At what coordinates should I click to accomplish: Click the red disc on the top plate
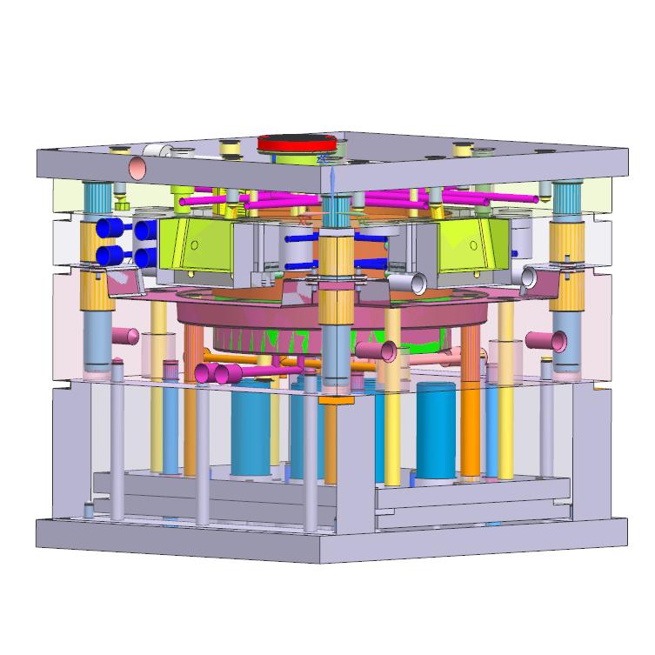point(297,144)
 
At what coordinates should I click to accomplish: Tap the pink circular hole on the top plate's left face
point(137,168)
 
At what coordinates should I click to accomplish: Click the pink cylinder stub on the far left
point(126,336)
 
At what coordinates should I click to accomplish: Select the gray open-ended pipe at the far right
point(528,277)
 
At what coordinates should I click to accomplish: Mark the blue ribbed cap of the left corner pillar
point(95,195)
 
